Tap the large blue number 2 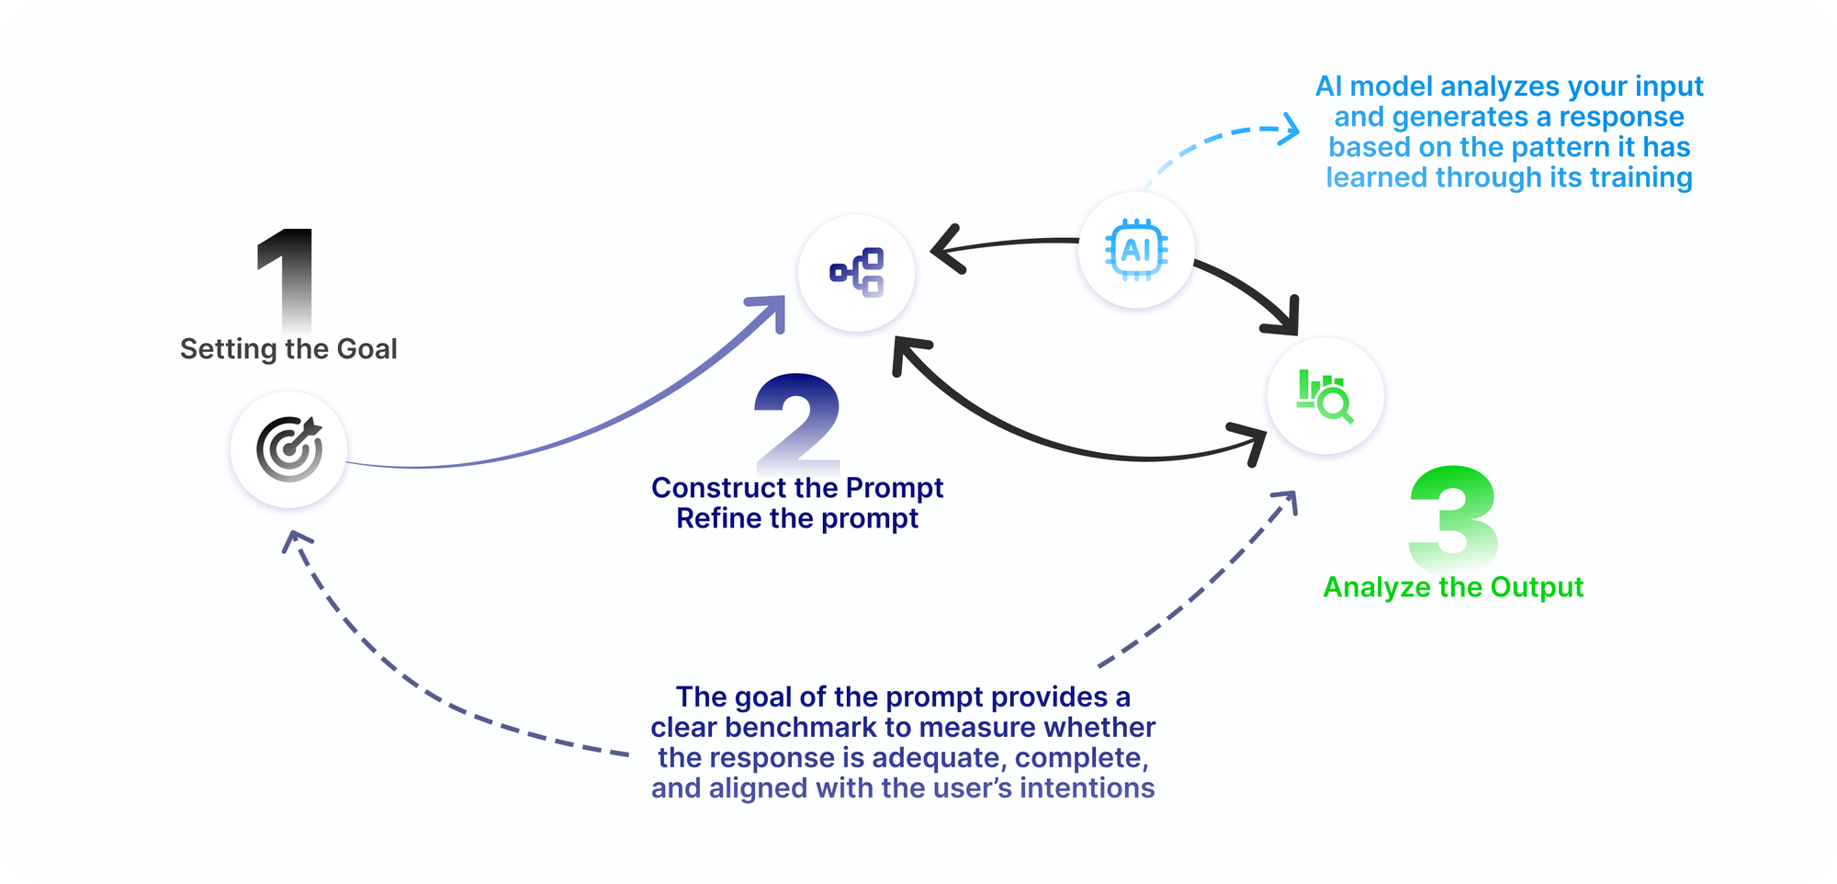pyautogui.click(x=797, y=421)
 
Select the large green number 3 pyautogui.click(x=1453, y=516)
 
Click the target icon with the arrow pyautogui.click(x=289, y=449)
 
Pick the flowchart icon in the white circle pyautogui.click(x=857, y=272)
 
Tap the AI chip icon pyautogui.click(x=1136, y=250)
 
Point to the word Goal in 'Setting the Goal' pyautogui.click(x=366, y=349)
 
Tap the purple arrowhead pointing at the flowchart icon pyautogui.click(x=773, y=308)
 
